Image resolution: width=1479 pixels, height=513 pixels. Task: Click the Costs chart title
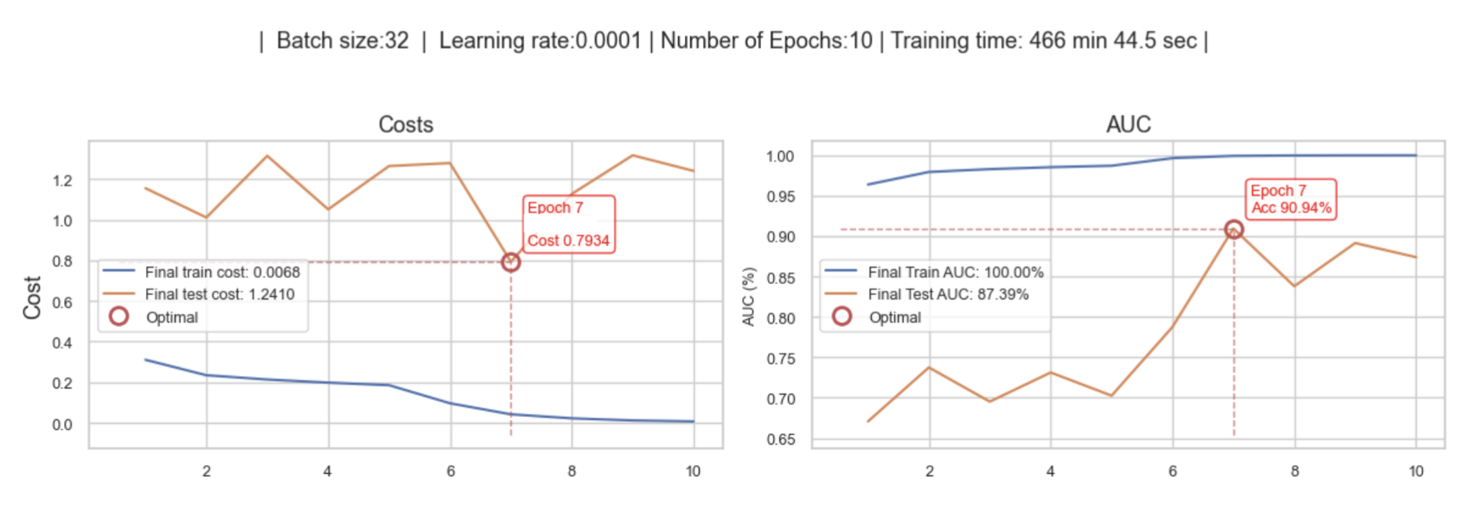[406, 124]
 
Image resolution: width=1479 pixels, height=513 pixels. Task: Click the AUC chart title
[1128, 124]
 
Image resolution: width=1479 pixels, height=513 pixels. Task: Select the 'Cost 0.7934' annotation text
[568, 240]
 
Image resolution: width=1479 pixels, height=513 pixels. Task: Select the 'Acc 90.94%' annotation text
[1291, 208]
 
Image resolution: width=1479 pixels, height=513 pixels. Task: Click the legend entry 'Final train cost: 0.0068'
[222, 272]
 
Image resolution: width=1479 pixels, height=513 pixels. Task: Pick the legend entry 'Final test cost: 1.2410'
[220, 294]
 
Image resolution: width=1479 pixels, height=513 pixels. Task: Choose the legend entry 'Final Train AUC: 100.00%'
[956, 272]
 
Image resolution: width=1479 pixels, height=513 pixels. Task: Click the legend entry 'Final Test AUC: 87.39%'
[948, 294]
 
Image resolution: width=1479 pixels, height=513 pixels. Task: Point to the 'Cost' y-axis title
[32, 297]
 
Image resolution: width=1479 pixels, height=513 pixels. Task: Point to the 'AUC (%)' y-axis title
[749, 296]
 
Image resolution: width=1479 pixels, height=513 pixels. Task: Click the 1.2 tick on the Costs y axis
[62, 180]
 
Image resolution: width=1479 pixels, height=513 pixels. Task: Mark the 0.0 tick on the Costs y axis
[62, 425]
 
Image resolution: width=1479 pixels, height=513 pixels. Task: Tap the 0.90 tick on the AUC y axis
[780, 237]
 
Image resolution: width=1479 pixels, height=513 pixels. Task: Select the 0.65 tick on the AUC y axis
[780, 440]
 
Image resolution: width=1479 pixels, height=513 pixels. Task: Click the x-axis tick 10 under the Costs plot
[693, 472]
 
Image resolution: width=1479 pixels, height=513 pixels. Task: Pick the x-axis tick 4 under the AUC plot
[1051, 472]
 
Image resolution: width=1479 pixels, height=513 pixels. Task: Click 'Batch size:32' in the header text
[343, 40]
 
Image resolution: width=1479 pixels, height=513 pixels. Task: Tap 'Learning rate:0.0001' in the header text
[540, 40]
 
